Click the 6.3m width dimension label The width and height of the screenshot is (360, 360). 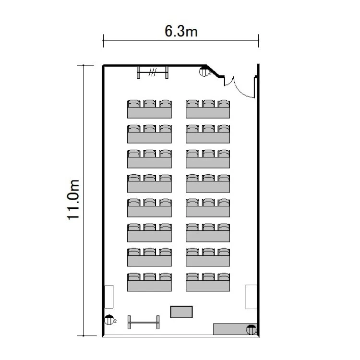[181, 31]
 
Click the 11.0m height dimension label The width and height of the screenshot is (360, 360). [73, 200]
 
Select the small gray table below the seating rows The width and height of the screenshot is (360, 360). [181, 312]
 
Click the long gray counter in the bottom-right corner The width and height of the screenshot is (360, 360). [235, 329]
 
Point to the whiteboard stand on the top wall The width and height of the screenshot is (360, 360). [153, 72]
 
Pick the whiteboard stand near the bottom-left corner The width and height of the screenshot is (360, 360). [144, 322]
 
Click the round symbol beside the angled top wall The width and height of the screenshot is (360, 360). [204, 72]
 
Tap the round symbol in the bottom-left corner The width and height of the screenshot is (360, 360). [109, 320]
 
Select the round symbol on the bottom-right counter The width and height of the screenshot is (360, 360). [251, 329]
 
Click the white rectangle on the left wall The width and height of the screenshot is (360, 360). [109, 297]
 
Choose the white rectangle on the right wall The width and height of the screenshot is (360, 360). [251, 297]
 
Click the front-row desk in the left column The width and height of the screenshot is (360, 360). [149, 113]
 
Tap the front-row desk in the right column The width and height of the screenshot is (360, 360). [208, 113]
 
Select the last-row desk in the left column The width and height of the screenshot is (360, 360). [149, 286]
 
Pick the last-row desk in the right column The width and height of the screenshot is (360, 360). [208, 286]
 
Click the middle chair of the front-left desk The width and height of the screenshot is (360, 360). [150, 104]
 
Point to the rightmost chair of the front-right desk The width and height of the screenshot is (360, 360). [224, 104]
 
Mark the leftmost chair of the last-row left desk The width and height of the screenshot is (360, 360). [134, 276]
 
